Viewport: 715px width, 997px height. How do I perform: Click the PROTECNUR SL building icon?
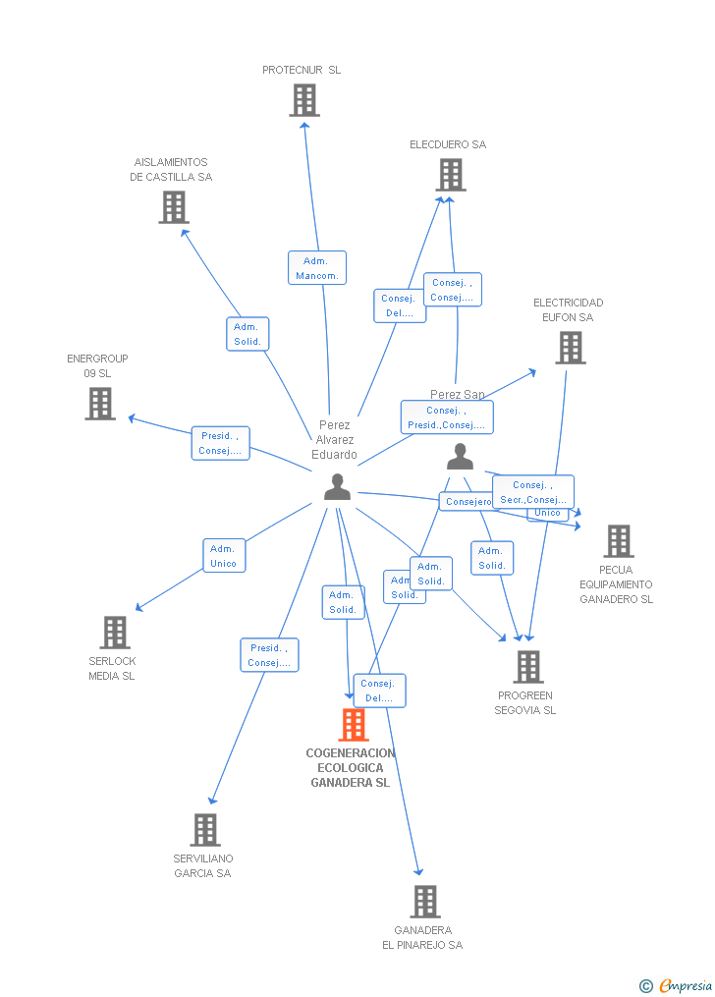[x=304, y=100]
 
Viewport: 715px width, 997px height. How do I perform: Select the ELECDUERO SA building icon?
[x=450, y=175]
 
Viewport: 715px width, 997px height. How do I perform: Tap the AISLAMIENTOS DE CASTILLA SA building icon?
[x=174, y=207]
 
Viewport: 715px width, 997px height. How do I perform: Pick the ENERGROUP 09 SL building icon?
[x=99, y=404]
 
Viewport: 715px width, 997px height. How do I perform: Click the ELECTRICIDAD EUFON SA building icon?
[x=571, y=348]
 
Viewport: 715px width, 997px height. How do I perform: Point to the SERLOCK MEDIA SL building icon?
[x=115, y=633]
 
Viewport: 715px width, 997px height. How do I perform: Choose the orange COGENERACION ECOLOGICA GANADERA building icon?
[x=353, y=725]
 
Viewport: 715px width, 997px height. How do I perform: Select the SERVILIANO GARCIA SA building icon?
[x=204, y=830]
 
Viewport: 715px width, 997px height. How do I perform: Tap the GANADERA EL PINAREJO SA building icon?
[x=424, y=901]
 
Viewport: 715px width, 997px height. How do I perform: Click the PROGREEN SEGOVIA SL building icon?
[x=527, y=667]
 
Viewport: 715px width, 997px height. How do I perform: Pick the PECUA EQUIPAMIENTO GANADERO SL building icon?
[x=618, y=541]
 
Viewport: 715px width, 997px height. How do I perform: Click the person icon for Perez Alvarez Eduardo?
[x=337, y=487]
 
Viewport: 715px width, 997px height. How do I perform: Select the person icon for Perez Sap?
[x=460, y=457]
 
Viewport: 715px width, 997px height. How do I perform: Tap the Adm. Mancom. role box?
[x=316, y=268]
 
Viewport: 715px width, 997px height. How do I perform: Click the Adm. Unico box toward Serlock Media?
[x=224, y=556]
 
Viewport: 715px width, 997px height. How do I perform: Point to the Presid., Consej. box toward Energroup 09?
[x=220, y=443]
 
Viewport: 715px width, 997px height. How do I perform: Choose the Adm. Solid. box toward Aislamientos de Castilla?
[x=247, y=334]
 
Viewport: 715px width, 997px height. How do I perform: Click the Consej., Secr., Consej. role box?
[x=532, y=492]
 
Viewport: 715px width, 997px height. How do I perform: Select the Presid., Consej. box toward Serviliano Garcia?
[x=269, y=655]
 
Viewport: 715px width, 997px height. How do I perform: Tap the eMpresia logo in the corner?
[x=677, y=985]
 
